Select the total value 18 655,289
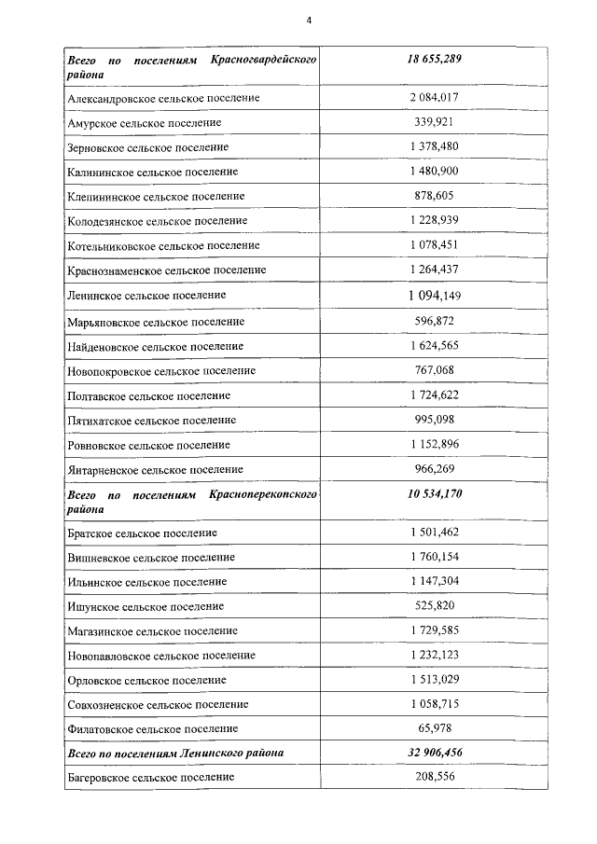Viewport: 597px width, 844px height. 434,60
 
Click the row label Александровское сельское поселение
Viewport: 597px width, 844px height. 162,98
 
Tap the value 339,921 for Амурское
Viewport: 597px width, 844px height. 434,122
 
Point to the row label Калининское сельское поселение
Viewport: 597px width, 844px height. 152,172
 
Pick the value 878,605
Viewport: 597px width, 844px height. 434,196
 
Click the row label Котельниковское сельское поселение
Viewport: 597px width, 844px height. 163,245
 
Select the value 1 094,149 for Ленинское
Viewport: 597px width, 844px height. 434,296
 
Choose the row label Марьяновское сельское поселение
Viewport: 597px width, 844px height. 156,322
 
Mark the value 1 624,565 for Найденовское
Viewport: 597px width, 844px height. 434,346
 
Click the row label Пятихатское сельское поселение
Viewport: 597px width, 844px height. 151,421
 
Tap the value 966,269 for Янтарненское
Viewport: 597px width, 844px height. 434,469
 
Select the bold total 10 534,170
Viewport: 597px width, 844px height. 434,493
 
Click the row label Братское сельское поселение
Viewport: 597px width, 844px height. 142,533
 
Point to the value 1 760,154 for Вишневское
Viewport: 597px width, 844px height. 434,557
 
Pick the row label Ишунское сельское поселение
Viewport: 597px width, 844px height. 146,606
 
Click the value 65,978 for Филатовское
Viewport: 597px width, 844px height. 434,727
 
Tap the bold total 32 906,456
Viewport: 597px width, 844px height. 434,752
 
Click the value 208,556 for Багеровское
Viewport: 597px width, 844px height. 434,776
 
